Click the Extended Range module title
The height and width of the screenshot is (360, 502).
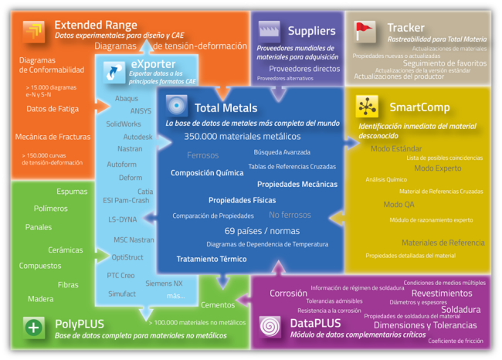click(x=96, y=25)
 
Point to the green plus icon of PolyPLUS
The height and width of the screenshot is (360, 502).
click(x=33, y=327)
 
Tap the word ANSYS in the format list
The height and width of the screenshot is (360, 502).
click(x=141, y=110)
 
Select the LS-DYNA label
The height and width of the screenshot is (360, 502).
click(x=122, y=219)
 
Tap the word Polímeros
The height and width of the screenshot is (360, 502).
click(x=51, y=208)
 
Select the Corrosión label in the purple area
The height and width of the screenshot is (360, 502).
click(x=288, y=294)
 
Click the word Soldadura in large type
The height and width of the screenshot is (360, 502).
click(x=460, y=309)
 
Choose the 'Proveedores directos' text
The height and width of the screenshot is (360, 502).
click(x=304, y=69)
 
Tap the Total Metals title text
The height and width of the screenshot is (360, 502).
click(x=226, y=108)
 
